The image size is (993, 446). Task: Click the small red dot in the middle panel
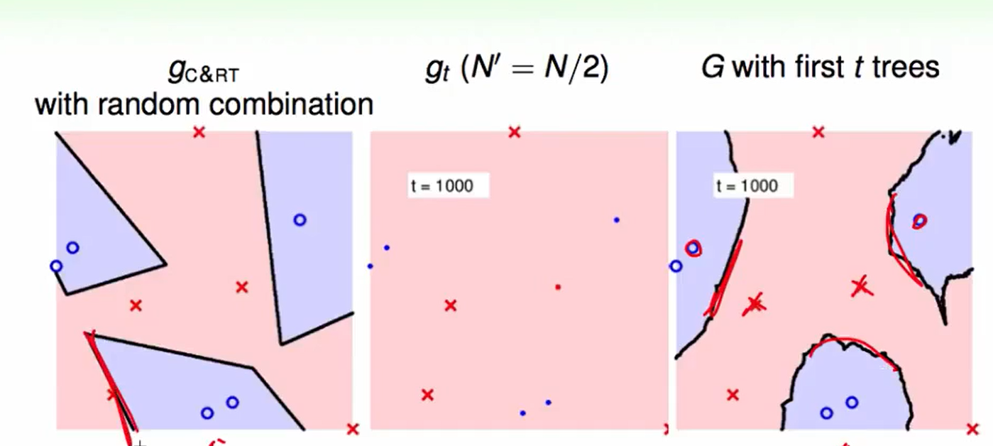tap(558, 287)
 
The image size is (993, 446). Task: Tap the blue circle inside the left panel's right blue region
tap(300, 220)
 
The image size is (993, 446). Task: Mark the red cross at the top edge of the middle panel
tap(515, 132)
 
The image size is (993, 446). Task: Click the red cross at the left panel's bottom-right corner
tap(353, 428)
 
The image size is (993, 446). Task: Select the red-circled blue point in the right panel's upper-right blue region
tap(919, 221)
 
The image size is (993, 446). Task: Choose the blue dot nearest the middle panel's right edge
tap(616, 220)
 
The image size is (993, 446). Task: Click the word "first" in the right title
tap(816, 67)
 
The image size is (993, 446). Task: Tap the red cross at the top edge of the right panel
tap(818, 132)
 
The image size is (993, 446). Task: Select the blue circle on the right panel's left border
tap(676, 266)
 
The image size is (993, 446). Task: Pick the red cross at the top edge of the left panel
tap(199, 132)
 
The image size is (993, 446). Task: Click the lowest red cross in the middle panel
tap(427, 395)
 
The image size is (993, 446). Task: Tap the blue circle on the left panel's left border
tap(56, 266)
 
